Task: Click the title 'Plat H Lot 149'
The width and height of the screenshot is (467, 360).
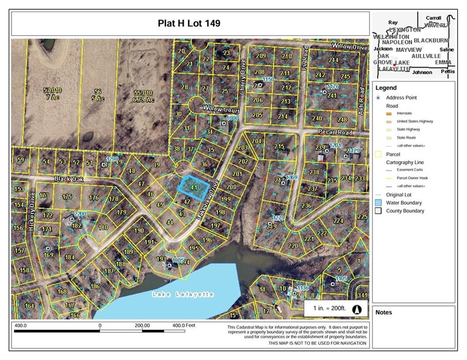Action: pyautogui.click(x=189, y=23)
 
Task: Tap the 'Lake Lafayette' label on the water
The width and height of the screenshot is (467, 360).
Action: pyautogui.click(x=183, y=294)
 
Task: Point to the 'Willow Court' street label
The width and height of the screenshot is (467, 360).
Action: pyautogui.click(x=221, y=110)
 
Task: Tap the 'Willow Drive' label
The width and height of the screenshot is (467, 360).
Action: pyautogui.click(x=349, y=47)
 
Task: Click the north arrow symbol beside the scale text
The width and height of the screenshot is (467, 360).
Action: pyautogui.click(x=356, y=308)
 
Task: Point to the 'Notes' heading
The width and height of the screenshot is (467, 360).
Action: pyautogui.click(x=384, y=312)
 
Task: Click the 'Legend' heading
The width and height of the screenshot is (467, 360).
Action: pyautogui.click(x=386, y=88)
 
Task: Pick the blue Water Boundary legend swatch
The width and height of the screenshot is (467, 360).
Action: pyautogui.click(x=378, y=203)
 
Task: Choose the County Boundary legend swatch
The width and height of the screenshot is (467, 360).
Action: pyautogui.click(x=378, y=211)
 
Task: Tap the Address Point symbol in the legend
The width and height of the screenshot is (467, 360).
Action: pyautogui.click(x=378, y=98)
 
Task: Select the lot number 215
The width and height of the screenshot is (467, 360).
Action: pyautogui.click(x=279, y=147)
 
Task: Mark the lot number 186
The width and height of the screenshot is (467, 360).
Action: pyautogui.click(x=95, y=286)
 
